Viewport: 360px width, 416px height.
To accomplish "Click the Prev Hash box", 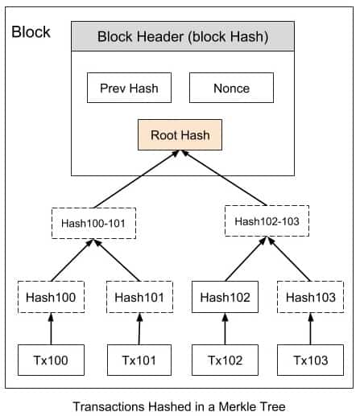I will tap(129, 88).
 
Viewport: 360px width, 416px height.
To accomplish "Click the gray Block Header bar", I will tap(182, 37).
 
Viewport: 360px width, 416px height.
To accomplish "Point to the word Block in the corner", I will tap(31, 33).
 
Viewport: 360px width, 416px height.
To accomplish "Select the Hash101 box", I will tap(139, 297).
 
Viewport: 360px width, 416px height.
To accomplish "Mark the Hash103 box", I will tap(309, 297).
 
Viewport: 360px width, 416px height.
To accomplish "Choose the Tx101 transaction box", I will tap(139, 360).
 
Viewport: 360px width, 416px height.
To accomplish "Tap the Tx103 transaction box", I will tap(309, 360).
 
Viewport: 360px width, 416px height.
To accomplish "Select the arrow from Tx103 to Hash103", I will tap(309, 328).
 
